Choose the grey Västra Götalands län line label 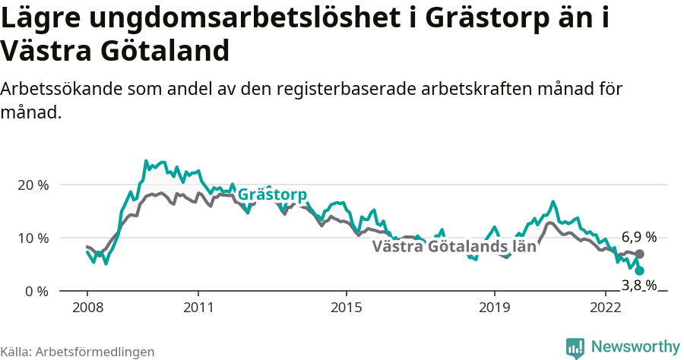click(x=454, y=247)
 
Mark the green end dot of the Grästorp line click(x=640, y=270)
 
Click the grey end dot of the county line click(x=640, y=254)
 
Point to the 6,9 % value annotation click(x=638, y=236)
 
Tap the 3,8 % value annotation click(x=638, y=286)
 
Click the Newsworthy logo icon click(x=575, y=347)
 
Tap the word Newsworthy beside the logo click(x=635, y=347)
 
